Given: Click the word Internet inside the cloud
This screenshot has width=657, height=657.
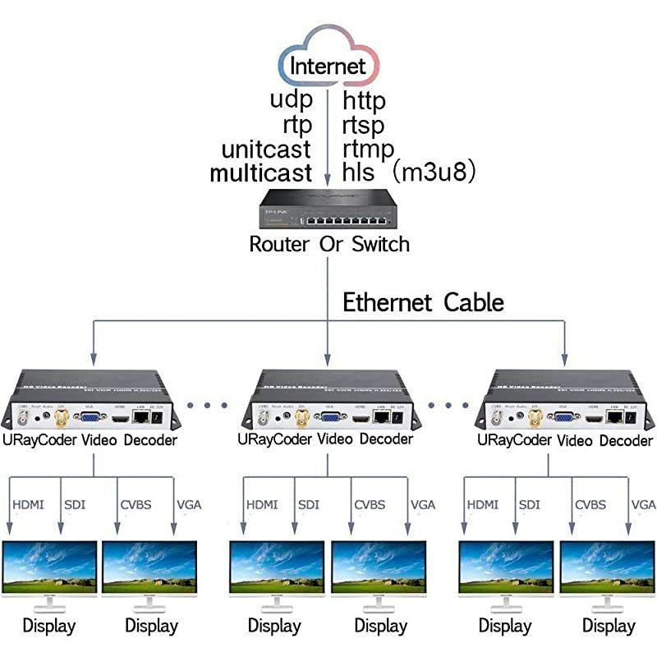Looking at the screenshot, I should click(x=328, y=65).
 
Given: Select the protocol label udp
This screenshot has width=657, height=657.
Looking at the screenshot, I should click(x=291, y=101).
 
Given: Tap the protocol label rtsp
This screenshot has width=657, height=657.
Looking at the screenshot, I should click(x=364, y=125).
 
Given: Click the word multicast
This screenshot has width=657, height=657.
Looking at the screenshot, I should click(x=261, y=172).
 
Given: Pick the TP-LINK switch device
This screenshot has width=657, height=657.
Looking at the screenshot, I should click(x=328, y=209).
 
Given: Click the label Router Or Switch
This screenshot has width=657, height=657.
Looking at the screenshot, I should click(x=328, y=244).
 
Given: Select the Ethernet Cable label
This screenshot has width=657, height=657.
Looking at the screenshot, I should click(x=423, y=302).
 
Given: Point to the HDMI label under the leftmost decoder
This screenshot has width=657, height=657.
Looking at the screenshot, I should click(x=30, y=504).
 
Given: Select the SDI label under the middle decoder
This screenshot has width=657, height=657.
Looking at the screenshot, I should click(x=309, y=504).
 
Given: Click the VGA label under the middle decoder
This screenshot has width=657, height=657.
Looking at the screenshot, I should click(x=422, y=504).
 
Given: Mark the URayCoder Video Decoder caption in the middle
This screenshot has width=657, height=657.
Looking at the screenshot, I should click(x=328, y=440).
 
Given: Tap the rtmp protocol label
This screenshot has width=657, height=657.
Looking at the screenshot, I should click(x=368, y=149).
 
